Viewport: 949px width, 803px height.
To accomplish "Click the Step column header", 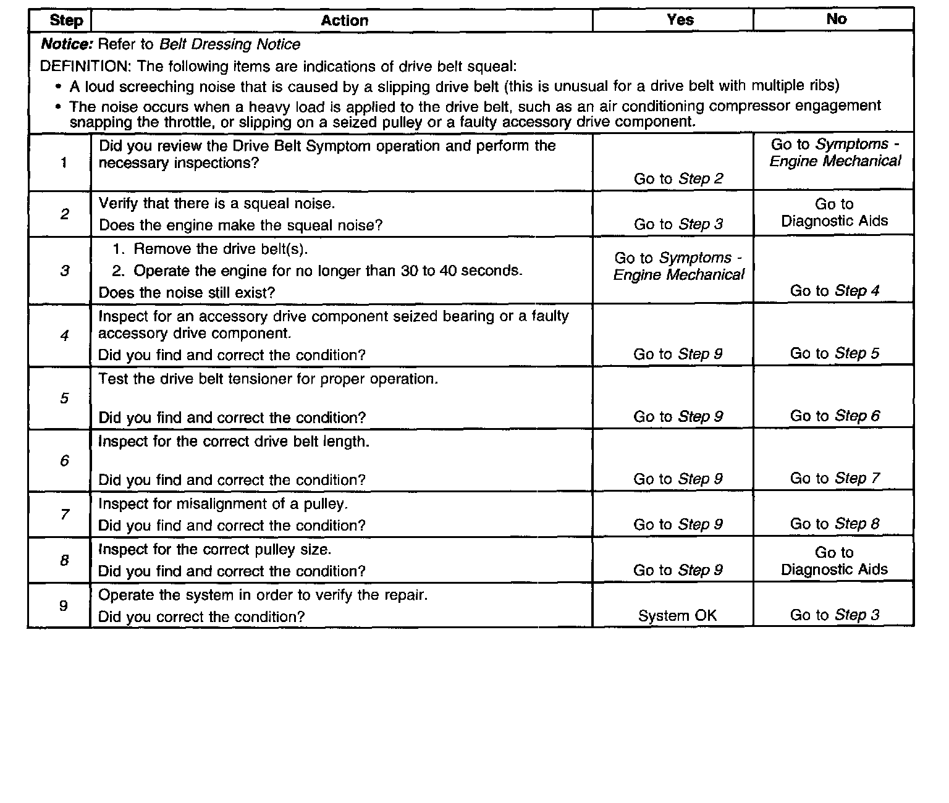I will pos(65,20).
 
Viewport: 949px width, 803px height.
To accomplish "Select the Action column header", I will pos(344,20).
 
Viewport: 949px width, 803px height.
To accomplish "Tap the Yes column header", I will pos(680,20).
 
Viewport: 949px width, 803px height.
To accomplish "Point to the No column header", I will pos(836,19).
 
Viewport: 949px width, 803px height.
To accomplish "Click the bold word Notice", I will pos(66,44).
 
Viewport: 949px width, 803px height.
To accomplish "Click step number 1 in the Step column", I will pos(64,163).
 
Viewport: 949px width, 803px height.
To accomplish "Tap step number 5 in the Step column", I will pos(64,398).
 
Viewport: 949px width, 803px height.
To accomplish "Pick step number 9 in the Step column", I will pos(64,605).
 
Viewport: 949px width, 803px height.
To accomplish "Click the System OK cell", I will pos(677,616).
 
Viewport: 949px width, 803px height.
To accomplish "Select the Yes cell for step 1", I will pos(678,179).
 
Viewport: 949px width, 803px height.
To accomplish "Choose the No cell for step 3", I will pos(834,291).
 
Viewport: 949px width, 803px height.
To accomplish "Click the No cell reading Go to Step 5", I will pos(834,353).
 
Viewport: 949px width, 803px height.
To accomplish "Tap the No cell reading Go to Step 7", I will pos(834,478).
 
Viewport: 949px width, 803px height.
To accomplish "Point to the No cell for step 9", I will pos(834,615).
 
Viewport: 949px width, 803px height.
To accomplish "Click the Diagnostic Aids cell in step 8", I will pos(834,561).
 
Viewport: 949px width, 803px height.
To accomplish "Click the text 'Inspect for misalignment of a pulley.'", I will pos(223,504).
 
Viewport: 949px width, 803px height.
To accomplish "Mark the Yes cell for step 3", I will pos(678,266).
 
